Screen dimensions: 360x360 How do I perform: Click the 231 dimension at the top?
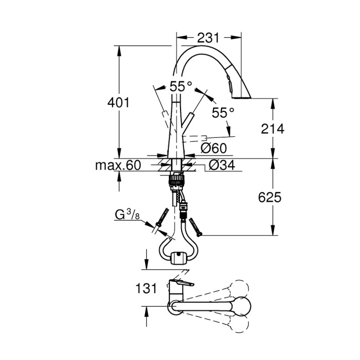point(209,38)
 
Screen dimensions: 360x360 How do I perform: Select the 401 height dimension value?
point(120,102)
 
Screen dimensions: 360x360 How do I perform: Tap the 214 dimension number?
point(272,128)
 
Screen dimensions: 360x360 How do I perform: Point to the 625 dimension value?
point(272,197)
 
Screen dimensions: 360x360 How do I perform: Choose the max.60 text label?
point(117,165)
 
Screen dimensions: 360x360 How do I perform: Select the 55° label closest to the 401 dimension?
point(181,86)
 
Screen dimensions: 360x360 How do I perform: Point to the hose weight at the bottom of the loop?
point(178,258)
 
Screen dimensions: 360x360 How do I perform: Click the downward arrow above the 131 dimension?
point(146,260)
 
